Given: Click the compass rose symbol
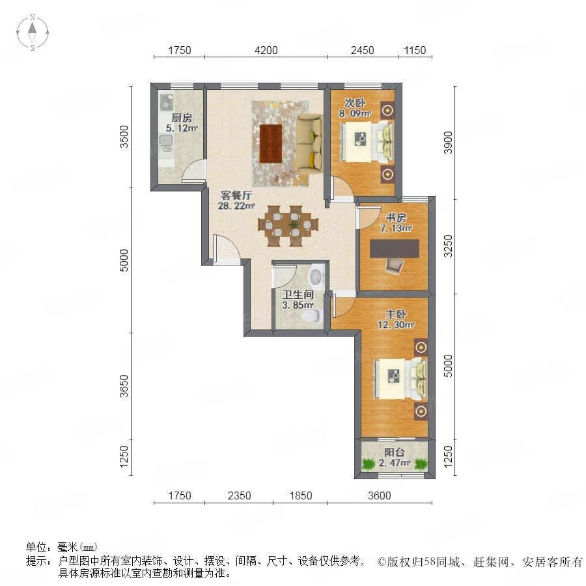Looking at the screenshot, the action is (x=33, y=33).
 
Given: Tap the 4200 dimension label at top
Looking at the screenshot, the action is (x=266, y=50).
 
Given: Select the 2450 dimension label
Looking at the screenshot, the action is (x=362, y=50).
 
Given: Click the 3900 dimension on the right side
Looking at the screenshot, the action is (x=448, y=143).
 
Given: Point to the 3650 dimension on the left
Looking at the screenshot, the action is (x=124, y=386).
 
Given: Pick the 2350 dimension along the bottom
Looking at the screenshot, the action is (x=239, y=495).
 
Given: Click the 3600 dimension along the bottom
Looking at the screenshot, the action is (x=380, y=495).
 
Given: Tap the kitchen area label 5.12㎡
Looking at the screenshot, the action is (x=182, y=128).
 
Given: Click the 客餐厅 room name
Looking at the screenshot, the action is (x=236, y=195).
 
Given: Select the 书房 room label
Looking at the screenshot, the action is (x=396, y=217).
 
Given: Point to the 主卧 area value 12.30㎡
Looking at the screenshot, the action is (x=396, y=325).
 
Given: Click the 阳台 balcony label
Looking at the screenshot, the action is (x=395, y=453).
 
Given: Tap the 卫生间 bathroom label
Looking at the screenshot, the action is (x=298, y=294).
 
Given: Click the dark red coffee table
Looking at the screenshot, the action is (x=271, y=143).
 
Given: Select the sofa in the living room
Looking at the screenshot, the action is (x=309, y=145).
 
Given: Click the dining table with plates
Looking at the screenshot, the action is (x=288, y=226).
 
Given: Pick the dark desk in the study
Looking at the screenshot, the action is (x=395, y=249).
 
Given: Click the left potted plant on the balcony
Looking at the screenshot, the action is (x=369, y=464).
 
